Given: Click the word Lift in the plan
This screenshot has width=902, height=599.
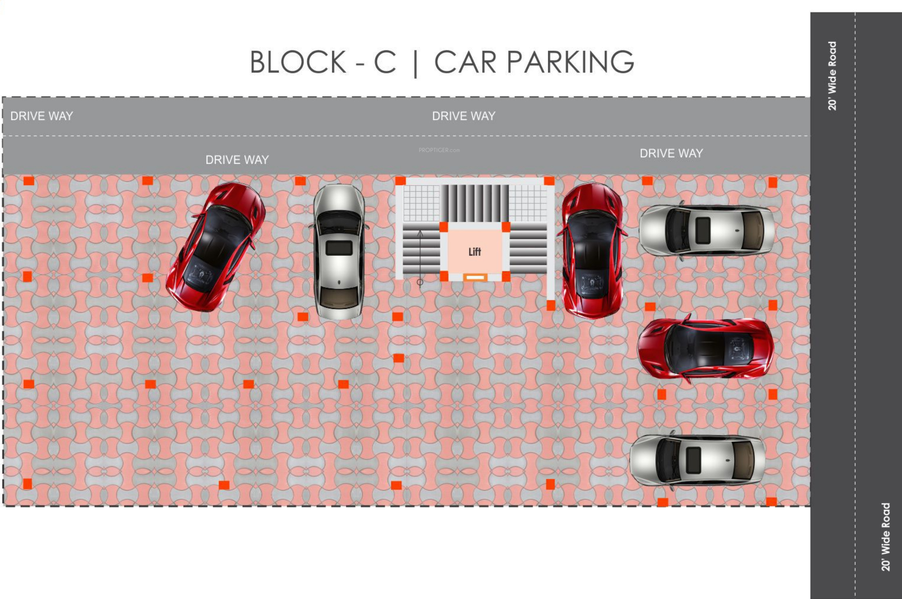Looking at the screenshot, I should [475, 252].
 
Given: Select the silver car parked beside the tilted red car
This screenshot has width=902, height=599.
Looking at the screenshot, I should [339, 252].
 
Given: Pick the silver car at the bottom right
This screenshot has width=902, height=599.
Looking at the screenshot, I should [697, 460].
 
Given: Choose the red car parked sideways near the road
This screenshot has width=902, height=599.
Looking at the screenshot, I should [705, 349].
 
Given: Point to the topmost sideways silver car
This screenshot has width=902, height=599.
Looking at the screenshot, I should [707, 230].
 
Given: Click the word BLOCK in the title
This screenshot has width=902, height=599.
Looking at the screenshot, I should [298, 62].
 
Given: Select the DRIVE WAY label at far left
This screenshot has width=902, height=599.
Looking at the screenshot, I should [41, 116].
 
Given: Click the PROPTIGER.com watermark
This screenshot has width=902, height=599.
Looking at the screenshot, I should [439, 150].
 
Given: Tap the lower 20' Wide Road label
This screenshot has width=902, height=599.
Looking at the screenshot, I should [885, 537].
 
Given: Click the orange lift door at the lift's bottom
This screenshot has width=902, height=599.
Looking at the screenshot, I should [475, 277].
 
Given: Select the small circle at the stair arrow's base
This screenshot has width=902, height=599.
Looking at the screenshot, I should [420, 282].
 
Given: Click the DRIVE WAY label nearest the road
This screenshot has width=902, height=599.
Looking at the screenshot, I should [671, 153].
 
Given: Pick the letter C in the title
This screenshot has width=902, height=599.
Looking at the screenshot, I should [385, 62].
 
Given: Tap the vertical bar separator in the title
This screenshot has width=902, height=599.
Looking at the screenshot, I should [415, 63].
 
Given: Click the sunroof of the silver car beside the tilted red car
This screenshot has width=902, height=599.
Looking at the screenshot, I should [339, 248].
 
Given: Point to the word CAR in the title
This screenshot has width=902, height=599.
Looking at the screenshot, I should [465, 62].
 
